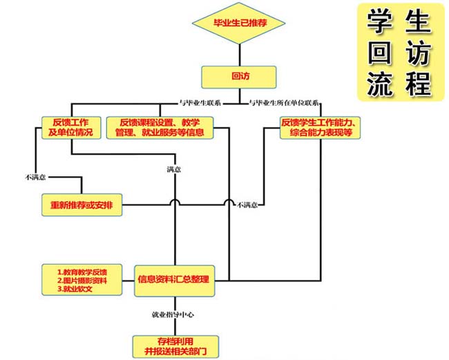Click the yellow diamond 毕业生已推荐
[239, 25]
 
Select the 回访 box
[239, 75]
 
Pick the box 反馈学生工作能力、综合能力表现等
[321, 127]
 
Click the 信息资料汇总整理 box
[173, 278]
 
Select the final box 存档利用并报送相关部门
[173, 345]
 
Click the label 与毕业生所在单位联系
[284, 103]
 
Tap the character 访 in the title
[419, 53]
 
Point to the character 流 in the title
[382, 84]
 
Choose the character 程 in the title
[419, 84]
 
